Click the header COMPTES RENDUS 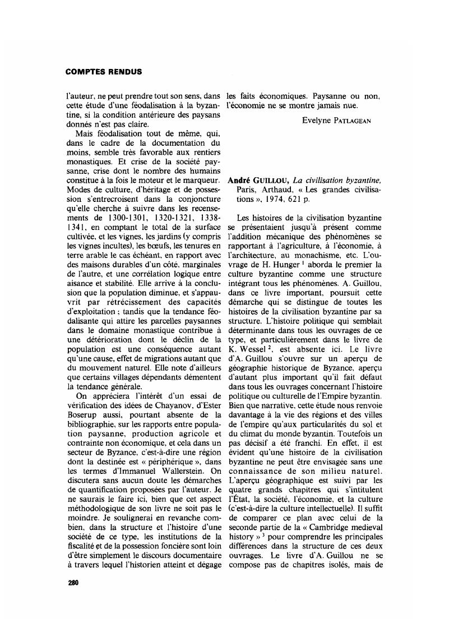click(104, 72)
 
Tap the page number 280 click(73, 583)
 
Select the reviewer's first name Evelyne click(318, 120)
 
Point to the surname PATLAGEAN click(357, 121)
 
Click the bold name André click(239, 180)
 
